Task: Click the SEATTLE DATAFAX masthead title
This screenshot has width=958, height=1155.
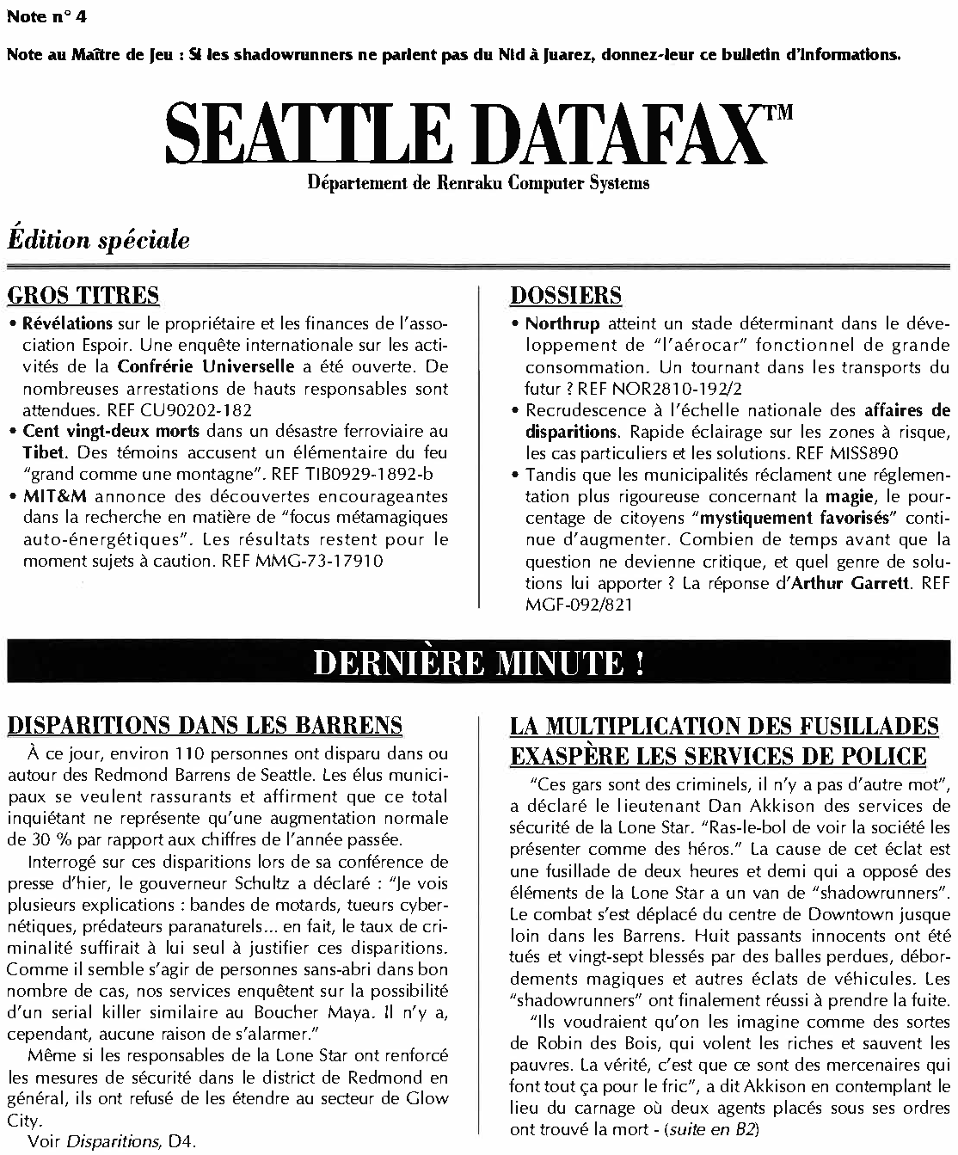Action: (464, 136)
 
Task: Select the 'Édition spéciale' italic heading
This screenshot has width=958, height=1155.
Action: (99, 241)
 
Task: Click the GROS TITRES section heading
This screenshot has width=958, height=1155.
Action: (83, 296)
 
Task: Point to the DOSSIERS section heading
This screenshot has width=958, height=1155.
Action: (566, 296)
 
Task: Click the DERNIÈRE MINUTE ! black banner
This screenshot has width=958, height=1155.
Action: (478, 664)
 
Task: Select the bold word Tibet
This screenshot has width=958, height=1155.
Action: (41, 452)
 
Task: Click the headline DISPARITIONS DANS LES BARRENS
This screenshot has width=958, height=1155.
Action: (205, 726)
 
